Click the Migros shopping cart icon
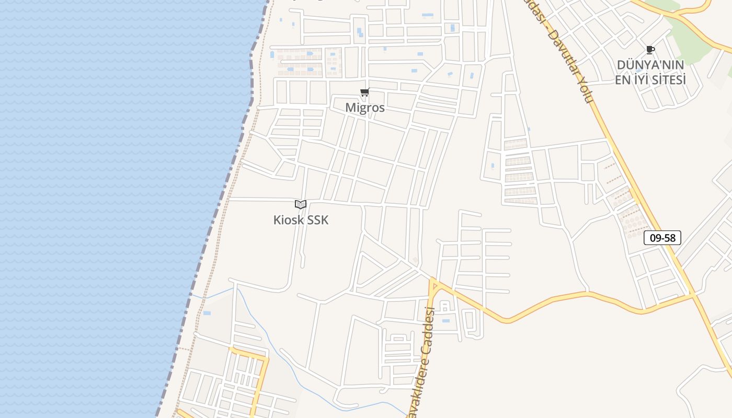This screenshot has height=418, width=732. [x=364, y=92]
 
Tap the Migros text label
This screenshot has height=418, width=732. [x=365, y=108]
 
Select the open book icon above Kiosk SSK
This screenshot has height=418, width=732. [x=301, y=204]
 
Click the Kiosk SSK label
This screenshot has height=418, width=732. [x=301, y=220]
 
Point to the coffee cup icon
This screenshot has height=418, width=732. [x=650, y=50]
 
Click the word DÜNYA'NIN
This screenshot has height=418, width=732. [x=650, y=65]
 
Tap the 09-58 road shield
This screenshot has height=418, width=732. [x=662, y=238]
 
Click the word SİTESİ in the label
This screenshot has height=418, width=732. [x=668, y=80]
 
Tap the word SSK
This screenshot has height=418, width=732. [x=318, y=220]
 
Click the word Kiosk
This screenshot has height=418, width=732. [x=289, y=220]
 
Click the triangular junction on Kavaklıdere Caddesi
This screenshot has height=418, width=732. [x=433, y=285]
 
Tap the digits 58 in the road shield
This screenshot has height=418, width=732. [x=669, y=238]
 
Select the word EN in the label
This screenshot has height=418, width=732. [x=622, y=80]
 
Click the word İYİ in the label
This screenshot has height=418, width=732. [x=641, y=80]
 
